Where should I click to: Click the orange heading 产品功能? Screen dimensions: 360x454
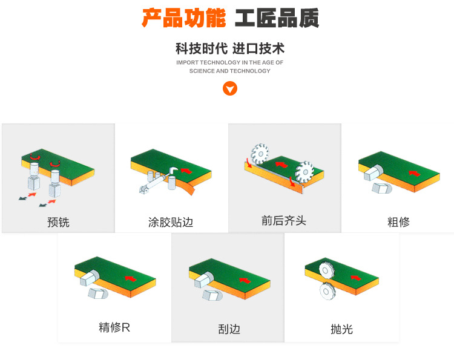(x=183, y=19)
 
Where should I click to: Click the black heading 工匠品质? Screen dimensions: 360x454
(x=277, y=19)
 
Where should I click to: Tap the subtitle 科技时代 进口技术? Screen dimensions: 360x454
(x=229, y=48)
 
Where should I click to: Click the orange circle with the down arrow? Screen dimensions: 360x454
(x=229, y=89)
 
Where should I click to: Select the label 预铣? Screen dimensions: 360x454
(x=58, y=222)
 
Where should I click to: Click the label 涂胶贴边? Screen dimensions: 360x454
(x=171, y=222)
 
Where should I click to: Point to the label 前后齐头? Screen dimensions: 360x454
(x=284, y=221)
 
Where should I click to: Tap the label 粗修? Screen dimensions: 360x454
(x=398, y=222)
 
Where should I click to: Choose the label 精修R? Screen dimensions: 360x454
(x=114, y=328)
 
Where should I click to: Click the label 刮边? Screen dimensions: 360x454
(x=229, y=329)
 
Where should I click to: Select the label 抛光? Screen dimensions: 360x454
(x=341, y=329)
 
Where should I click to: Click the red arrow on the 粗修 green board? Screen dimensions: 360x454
(x=414, y=172)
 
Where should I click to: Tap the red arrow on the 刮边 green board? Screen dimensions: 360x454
(x=245, y=280)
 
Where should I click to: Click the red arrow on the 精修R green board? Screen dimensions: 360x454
(x=130, y=278)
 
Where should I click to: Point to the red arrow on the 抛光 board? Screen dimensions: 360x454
(x=356, y=278)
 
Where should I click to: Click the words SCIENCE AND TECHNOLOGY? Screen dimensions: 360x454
(x=229, y=71)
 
